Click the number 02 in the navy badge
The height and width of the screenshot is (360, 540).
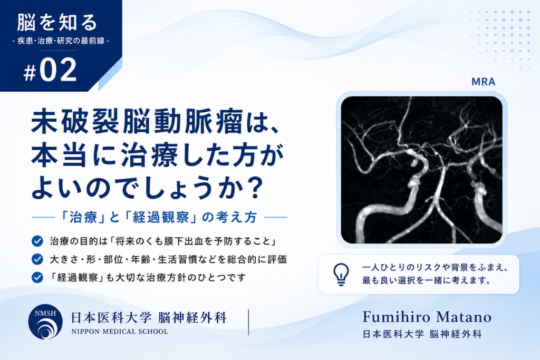(58, 70)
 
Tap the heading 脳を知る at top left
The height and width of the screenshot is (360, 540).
(57, 22)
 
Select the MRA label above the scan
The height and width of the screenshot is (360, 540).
(483, 82)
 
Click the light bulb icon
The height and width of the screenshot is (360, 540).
(341, 274)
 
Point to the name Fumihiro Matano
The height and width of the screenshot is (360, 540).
(427, 317)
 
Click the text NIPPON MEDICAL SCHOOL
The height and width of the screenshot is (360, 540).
(120, 332)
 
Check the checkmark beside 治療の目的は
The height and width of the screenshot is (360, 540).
(37, 241)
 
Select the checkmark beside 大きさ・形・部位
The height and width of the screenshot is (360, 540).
(37, 259)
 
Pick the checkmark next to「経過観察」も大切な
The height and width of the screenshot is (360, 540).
(37, 277)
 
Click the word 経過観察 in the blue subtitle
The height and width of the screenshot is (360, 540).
(161, 217)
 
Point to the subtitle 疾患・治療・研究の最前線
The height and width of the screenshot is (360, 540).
(61, 41)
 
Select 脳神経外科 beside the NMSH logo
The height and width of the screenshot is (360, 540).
(192, 317)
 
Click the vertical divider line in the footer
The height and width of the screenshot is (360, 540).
(248, 322)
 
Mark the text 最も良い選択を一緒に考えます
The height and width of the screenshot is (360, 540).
(426, 280)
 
